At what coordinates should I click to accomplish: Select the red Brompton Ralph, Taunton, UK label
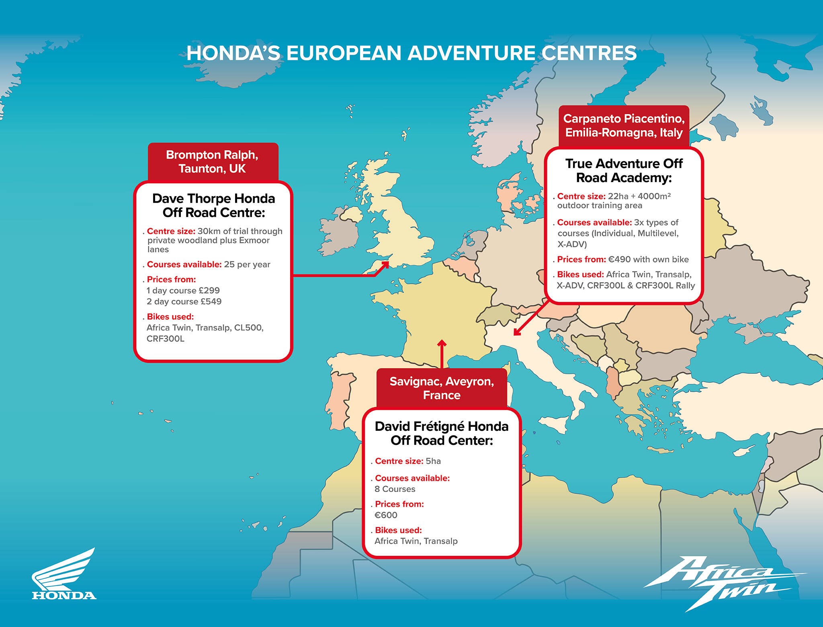212,162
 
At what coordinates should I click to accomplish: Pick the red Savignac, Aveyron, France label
442,388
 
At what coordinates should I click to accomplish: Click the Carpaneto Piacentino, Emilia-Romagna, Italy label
624,126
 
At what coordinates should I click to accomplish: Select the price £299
209,291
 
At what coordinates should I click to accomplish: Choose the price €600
386,515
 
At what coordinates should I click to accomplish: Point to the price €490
619,260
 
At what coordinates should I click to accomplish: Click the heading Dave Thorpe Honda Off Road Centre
213,205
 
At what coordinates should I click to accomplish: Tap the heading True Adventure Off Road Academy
624,170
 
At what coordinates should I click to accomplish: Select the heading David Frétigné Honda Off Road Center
442,433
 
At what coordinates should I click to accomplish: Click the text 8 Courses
395,489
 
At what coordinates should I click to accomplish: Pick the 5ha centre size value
433,461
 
